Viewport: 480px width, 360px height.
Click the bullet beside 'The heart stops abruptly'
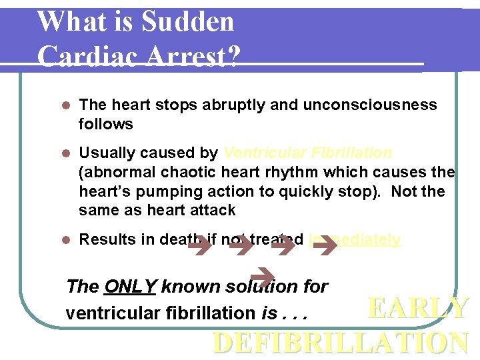point(65,105)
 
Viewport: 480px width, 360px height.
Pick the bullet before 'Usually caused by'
point(65,153)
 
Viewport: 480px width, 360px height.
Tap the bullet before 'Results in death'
point(65,240)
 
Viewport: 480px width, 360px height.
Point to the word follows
point(105,124)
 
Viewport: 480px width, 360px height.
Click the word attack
point(213,211)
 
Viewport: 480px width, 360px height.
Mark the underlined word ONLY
point(131,287)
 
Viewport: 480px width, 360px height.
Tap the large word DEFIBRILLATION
point(340,343)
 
